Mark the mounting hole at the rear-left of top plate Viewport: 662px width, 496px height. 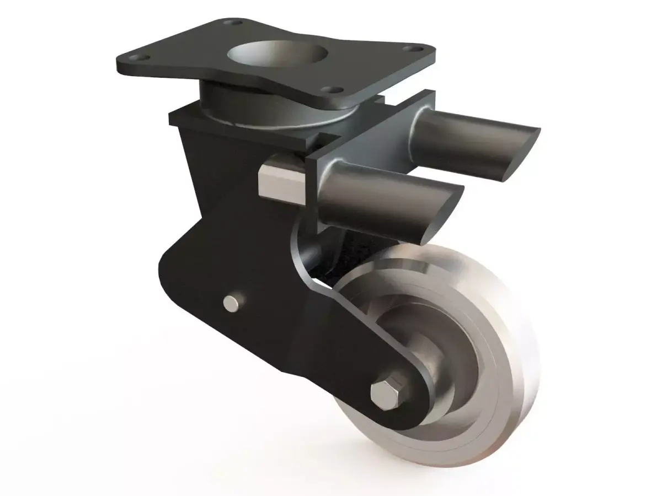(x=235, y=24)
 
